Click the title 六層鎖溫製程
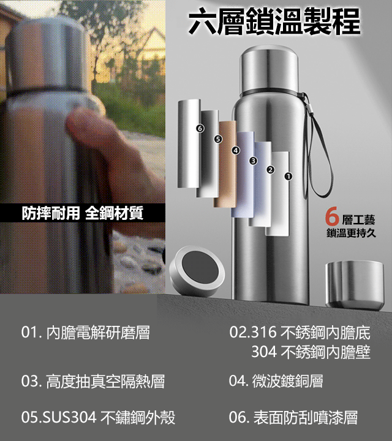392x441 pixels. tap(274, 23)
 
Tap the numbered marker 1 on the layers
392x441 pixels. tap(288, 176)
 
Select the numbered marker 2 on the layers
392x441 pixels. tap(270, 169)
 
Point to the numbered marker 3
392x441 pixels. tap(252, 160)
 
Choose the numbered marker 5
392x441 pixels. tap(217, 139)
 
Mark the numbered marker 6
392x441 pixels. tap(200, 128)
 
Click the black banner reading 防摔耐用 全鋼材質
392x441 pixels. tap(82, 213)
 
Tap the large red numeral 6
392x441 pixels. tap(333, 217)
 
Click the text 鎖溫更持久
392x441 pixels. tap(351, 233)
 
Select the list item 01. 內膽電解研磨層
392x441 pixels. tap(85, 333)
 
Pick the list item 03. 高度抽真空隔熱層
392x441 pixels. tap(92, 382)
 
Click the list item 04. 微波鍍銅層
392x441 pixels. tap(276, 382)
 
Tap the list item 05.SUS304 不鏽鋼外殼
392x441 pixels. tap(98, 418)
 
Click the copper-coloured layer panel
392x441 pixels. tap(225, 164)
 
